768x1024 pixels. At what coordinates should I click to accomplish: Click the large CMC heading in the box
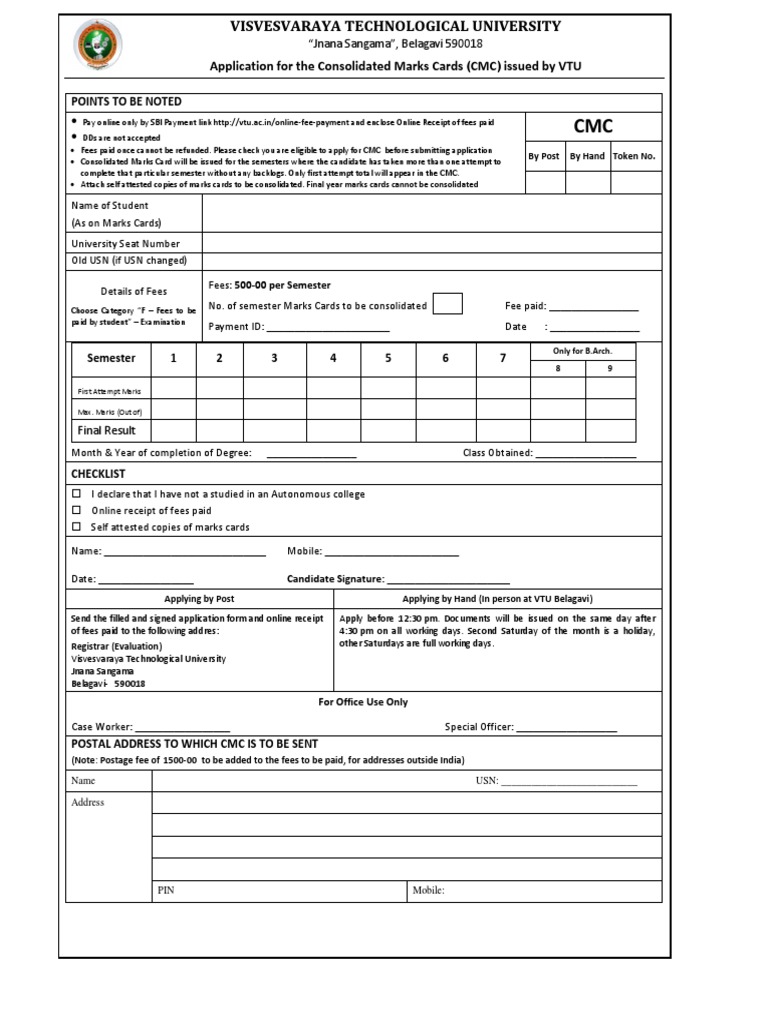(x=592, y=125)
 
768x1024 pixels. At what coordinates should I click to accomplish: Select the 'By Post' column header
(x=543, y=156)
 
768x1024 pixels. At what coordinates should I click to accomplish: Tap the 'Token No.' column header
(x=634, y=156)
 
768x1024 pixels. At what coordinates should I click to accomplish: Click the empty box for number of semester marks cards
(x=448, y=305)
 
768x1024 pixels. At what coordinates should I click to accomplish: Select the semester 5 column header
(x=388, y=358)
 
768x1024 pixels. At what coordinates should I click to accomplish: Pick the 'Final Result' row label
(x=107, y=431)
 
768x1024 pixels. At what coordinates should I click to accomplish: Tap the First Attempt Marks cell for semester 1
(x=172, y=389)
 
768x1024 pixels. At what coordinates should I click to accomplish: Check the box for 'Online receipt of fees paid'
(x=77, y=510)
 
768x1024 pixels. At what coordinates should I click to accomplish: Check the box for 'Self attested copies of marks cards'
(x=77, y=527)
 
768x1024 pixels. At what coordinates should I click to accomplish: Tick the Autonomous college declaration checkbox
(x=77, y=494)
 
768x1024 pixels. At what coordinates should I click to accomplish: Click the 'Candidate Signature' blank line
(x=448, y=580)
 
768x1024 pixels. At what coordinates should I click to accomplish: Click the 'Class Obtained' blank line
(x=586, y=454)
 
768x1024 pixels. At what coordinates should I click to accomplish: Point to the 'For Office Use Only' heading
(x=363, y=702)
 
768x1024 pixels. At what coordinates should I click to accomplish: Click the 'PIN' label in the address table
(x=166, y=890)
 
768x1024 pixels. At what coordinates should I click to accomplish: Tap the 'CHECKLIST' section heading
(x=97, y=473)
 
